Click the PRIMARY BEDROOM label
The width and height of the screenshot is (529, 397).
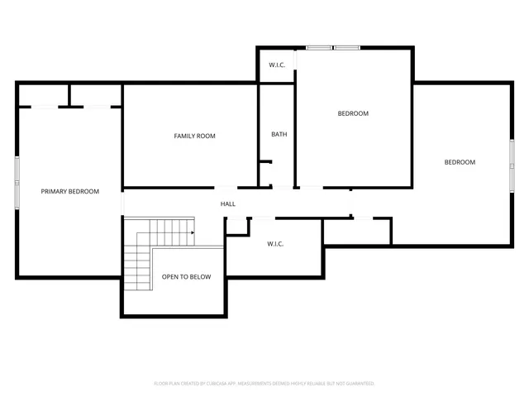tap(70, 191)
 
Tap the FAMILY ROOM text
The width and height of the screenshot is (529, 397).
tap(194, 136)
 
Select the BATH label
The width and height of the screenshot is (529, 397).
tap(279, 134)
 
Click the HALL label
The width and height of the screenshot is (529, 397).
tap(227, 203)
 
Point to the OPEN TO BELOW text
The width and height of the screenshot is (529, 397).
tap(186, 277)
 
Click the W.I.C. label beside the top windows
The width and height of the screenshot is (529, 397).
tap(277, 65)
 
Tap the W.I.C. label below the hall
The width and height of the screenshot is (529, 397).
tap(275, 244)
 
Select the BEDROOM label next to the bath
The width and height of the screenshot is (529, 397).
tap(353, 113)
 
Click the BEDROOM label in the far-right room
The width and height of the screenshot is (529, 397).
tap(460, 162)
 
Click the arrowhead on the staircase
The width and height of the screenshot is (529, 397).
tap(192, 232)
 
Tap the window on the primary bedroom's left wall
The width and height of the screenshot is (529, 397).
tap(17, 181)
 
